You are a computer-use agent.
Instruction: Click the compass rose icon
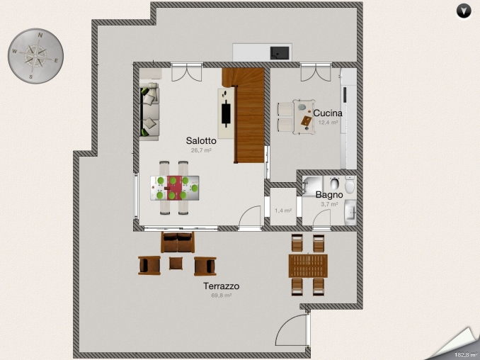[35, 54]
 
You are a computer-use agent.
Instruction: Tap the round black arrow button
[464, 11]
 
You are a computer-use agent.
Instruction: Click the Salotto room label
[201, 140]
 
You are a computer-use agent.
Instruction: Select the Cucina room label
[328, 113]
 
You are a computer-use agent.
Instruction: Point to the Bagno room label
[329, 194]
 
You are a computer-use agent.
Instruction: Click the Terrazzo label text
[221, 286]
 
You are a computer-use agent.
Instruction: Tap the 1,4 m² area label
[283, 210]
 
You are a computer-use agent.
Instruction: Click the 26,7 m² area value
[201, 150]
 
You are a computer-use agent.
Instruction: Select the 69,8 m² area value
[221, 296]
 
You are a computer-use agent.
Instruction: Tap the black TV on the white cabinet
[227, 112]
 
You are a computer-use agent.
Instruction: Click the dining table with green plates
[174, 188]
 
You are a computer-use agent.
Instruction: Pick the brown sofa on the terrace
[177, 243]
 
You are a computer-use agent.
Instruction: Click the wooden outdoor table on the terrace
[308, 266]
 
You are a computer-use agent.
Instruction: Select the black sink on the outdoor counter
[280, 52]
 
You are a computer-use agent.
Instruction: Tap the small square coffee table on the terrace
[176, 264]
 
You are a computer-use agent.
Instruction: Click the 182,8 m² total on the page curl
[467, 353]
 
